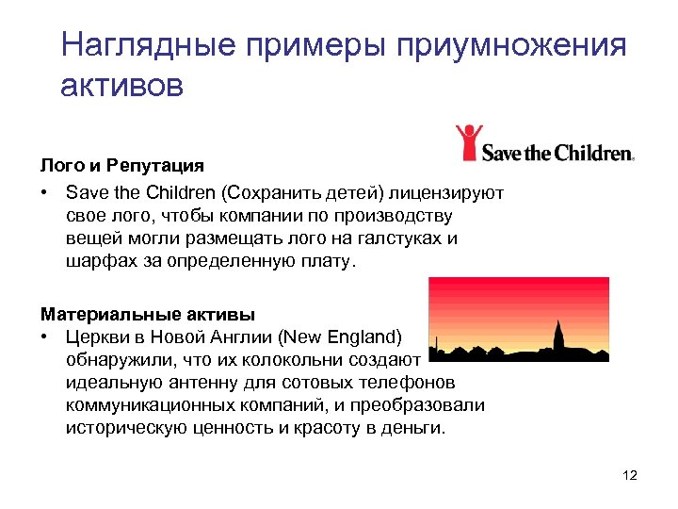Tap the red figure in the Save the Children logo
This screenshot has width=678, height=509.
468,143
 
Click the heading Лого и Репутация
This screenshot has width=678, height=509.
121,166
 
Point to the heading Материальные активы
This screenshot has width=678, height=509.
147,312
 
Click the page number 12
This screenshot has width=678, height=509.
630,475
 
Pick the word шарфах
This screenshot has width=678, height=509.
96,261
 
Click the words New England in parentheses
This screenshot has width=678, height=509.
348,336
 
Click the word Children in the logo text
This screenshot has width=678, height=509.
592,151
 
